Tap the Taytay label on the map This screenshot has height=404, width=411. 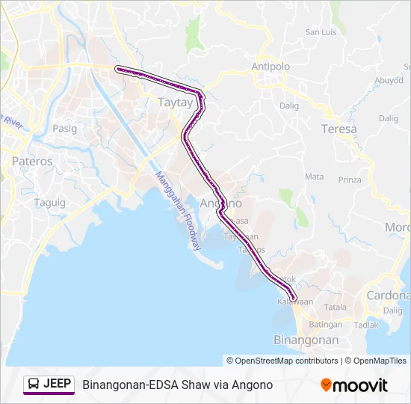pos(176,102)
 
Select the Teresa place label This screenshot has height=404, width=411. pos(339,129)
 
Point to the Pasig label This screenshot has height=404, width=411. pos(65,128)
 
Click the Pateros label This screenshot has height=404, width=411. pos(32,161)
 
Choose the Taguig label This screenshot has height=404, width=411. pos(50,203)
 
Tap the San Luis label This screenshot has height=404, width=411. pos(322,32)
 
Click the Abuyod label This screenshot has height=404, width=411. pos(389,80)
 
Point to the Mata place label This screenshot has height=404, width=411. pos(315,177)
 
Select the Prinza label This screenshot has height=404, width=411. pos(350,180)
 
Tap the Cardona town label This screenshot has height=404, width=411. pos(387,295)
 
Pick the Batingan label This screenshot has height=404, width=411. pos(326,325)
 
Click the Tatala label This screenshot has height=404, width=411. pos(336,307)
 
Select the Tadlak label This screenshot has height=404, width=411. pos(365,325)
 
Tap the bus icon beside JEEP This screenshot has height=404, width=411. pos(34,385)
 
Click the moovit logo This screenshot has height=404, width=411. pos(354,385)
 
